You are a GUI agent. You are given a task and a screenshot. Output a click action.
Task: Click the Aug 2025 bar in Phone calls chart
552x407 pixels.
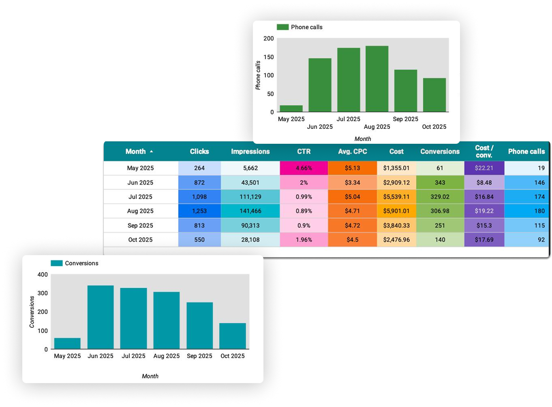377,79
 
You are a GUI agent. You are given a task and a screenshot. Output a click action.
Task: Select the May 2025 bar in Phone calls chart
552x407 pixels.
291,109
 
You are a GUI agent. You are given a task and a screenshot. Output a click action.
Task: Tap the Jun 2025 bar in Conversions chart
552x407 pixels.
101,317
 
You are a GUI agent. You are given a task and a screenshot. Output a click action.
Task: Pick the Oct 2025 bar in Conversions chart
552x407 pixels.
232,336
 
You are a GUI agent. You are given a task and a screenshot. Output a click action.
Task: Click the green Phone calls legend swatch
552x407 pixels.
282,27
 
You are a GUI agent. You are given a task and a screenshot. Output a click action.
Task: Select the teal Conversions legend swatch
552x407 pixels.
57,263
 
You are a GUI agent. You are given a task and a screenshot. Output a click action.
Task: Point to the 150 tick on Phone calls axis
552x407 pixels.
269,57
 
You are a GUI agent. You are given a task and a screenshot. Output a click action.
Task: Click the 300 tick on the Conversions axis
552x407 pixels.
43,293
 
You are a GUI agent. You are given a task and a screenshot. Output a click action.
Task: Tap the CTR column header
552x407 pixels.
304,151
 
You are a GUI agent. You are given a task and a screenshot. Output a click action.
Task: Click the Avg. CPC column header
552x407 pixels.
352,151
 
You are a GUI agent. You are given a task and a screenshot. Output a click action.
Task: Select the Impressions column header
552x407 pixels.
250,151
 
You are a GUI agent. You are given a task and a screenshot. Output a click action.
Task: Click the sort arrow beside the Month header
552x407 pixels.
152,151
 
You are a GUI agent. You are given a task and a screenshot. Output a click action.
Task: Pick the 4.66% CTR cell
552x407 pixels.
304,168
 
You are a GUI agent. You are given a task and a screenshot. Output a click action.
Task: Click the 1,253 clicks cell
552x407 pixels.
199,211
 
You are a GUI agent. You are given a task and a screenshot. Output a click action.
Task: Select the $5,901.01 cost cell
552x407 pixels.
396,211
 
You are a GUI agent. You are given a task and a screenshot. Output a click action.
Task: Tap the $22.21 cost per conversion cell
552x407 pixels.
484,168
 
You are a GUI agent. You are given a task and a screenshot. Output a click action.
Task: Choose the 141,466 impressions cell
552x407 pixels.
250,211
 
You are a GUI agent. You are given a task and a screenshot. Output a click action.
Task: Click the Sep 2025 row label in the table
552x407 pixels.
140,226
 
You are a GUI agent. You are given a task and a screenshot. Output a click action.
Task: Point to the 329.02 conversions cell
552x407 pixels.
440,197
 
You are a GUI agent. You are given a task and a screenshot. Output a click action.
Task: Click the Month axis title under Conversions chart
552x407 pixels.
150,376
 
